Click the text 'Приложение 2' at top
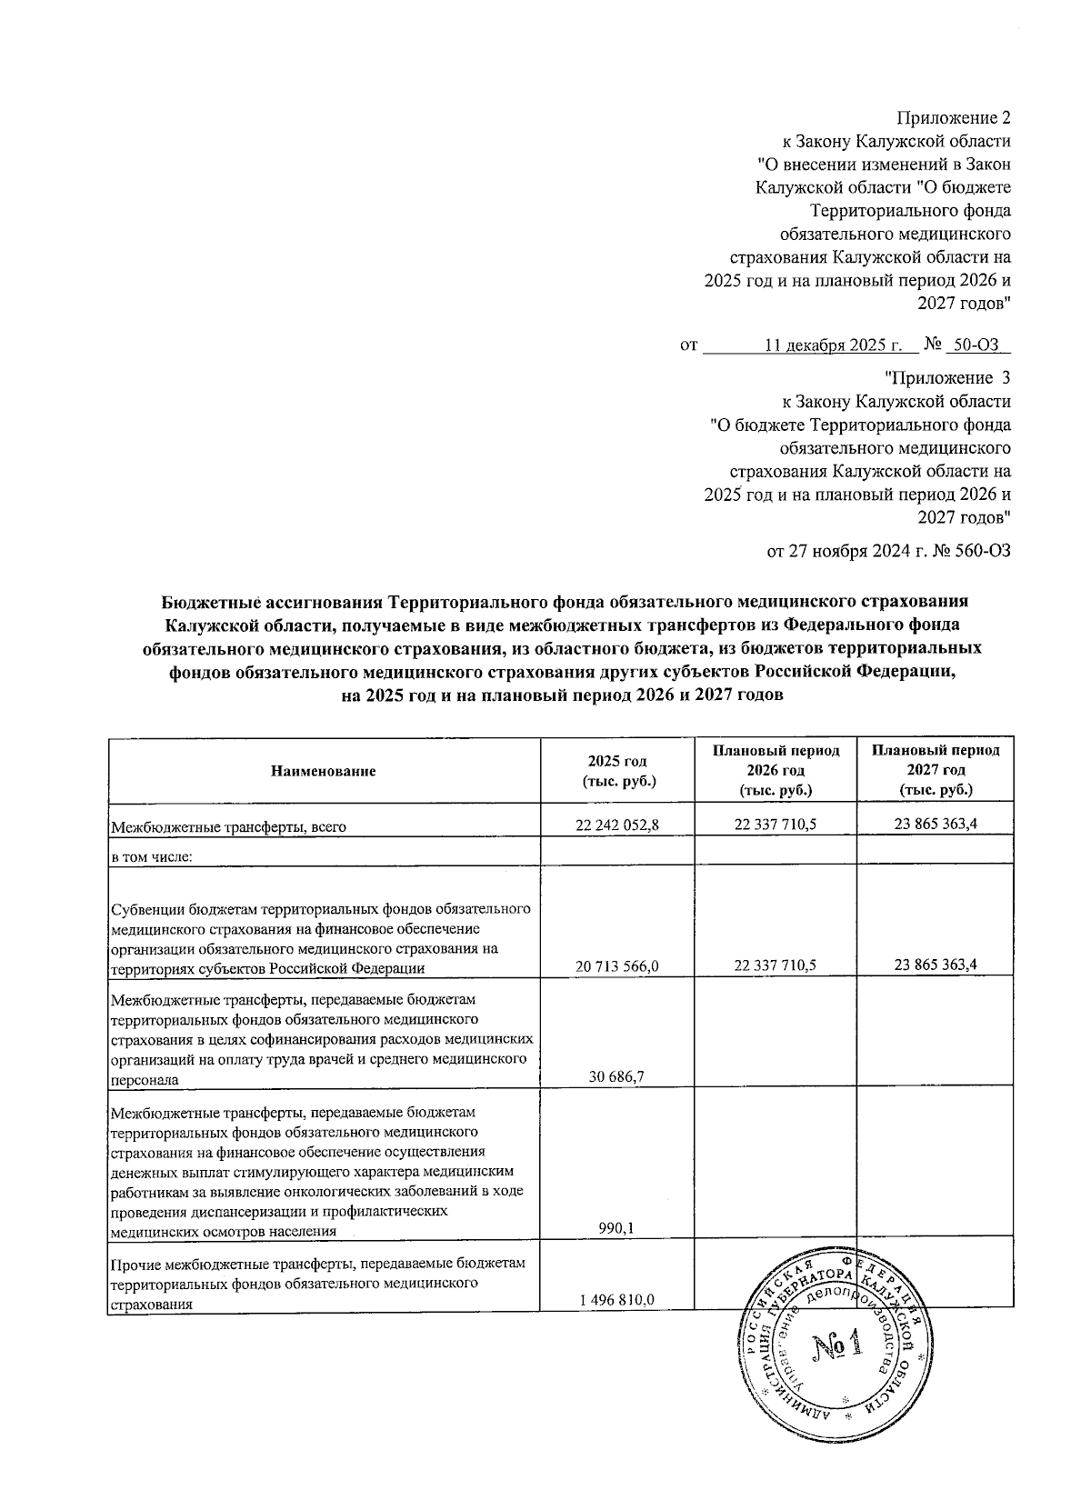coord(954,117)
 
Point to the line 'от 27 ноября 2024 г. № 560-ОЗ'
coord(889,551)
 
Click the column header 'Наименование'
coord(324,771)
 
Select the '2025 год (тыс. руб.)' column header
coord(617,771)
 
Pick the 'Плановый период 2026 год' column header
coord(776,771)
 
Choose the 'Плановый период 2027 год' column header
coord(936,771)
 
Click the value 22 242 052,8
coord(617,825)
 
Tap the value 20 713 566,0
coord(617,966)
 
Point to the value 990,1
coord(617,1229)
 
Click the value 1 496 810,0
coord(617,1300)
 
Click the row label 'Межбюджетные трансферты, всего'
coord(229,827)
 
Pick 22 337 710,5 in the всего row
coord(776,825)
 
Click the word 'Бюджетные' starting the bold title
coord(211,601)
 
